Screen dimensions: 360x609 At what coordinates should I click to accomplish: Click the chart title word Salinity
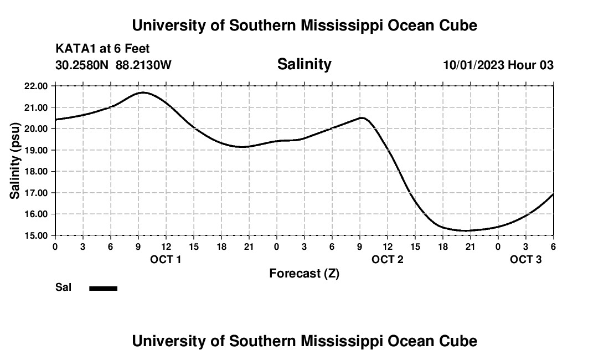(304, 64)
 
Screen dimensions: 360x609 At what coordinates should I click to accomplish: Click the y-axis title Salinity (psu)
(16, 161)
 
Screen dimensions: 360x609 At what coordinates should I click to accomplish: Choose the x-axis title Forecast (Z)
(304, 274)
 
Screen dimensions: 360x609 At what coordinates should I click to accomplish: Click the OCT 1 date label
(166, 259)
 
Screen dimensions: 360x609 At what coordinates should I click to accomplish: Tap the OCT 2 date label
(387, 259)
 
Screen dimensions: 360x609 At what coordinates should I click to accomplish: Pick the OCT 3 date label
(525, 259)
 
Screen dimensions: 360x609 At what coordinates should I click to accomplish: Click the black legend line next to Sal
(104, 288)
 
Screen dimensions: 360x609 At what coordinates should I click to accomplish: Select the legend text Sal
(63, 287)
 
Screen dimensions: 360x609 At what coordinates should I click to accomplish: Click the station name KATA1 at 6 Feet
(102, 49)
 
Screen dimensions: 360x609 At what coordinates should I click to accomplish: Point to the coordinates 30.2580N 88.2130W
(113, 65)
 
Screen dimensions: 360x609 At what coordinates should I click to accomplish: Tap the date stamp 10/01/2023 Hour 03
(498, 65)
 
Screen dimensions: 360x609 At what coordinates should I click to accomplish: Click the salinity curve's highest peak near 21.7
(143, 92)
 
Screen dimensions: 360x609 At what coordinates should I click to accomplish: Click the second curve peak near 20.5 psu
(362, 117)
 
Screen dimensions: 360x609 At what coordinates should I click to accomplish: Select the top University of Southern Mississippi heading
(304, 25)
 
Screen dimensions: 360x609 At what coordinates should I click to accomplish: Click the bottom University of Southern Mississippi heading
(304, 341)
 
